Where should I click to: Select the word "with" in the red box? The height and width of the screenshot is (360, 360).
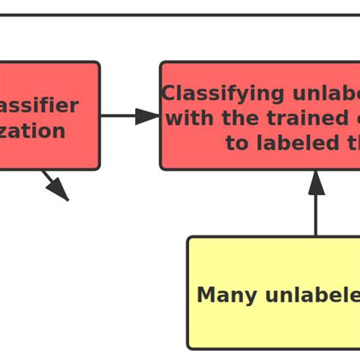(x=185, y=119)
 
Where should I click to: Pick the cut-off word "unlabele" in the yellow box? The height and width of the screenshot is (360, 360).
(x=311, y=295)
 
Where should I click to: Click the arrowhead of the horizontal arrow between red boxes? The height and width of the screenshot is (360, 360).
(x=147, y=116)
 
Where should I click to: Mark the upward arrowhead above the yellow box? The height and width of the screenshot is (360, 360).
(x=316, y=183)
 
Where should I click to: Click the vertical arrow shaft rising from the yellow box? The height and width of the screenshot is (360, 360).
(x=316, y=216)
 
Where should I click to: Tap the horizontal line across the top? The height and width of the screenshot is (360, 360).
(x=180, y=14)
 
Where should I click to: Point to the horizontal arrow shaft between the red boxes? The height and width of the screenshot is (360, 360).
(x=118, y=116)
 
